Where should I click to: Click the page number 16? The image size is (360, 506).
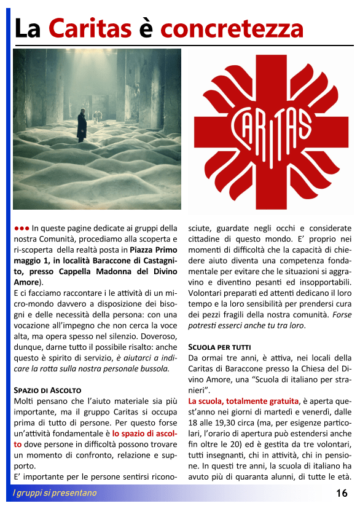342,493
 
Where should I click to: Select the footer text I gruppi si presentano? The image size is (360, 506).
55,493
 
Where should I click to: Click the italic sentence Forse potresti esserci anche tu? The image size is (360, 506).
270,320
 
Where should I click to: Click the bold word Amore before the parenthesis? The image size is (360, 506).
26,282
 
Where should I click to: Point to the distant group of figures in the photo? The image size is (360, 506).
97,115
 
